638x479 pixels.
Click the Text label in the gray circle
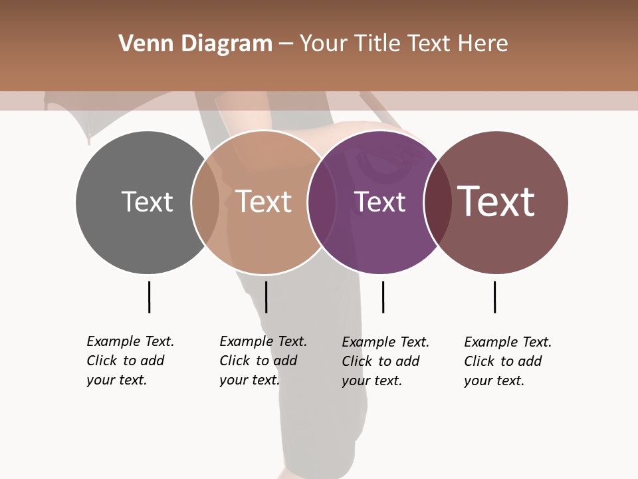(x=147, y=202)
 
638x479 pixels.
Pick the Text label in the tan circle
(x=263, y=202)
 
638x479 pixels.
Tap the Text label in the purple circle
(x=379, y=202)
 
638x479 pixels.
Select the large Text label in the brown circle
(x=496, y=201)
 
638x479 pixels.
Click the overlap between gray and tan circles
(x=205, y=202)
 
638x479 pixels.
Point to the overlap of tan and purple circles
(x=322, y=202)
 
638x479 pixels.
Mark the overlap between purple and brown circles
(x=437, y=202)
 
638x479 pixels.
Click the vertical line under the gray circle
(x=150, y=297)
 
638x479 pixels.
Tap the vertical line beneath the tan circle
(x=266, y=297)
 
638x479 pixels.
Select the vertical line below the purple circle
(x=383, y=297)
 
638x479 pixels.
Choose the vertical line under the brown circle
(x=494, y=297)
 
